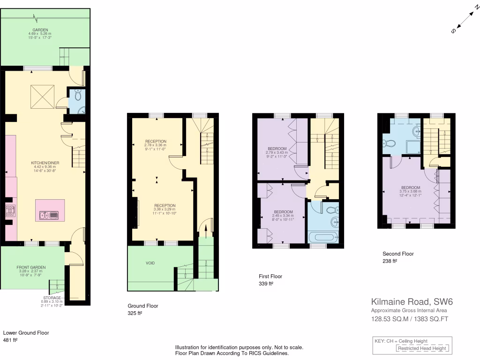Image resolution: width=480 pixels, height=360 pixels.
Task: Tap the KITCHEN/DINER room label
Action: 45,163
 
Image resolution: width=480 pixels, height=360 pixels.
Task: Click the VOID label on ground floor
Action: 150,263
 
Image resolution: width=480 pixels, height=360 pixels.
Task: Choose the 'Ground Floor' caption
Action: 142,306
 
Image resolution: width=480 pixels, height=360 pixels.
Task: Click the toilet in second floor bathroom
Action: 386,143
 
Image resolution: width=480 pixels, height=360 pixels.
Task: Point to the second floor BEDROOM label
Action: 411,187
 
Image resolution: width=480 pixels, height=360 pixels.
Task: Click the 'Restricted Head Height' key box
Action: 422,348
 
